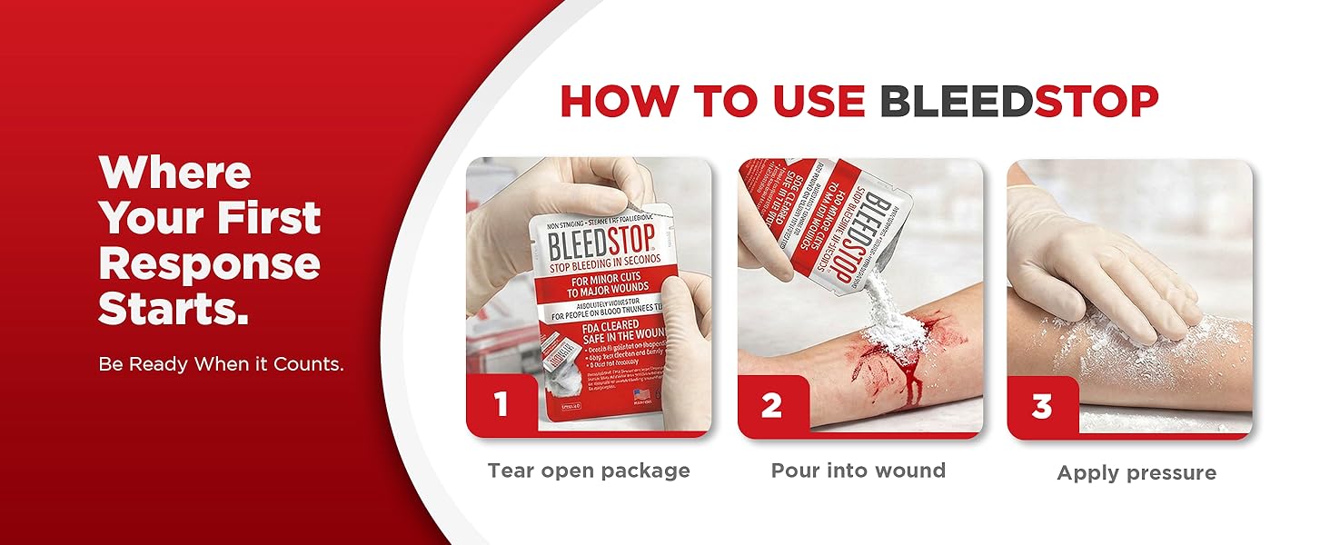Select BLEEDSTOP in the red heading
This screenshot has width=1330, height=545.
(1019, 101)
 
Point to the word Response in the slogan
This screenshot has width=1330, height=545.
(210, 263)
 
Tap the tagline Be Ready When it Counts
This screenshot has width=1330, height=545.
(221, 364)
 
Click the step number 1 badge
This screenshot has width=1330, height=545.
(500, 404)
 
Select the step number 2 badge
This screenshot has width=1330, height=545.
(771, 404)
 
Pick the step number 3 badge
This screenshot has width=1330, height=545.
(1041, 404)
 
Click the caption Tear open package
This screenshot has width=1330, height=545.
(589, 471)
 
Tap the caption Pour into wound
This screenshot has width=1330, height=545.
(859, 471)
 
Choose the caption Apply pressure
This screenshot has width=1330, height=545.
(1136, 472)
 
